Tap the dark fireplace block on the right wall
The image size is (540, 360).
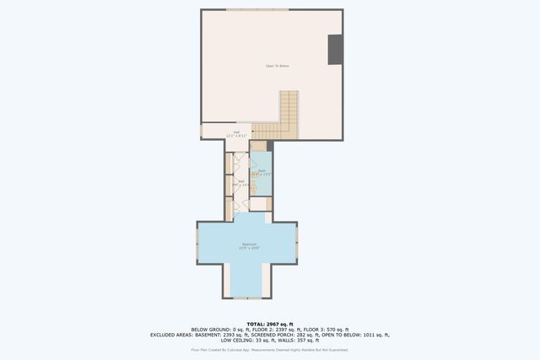coord(335,49)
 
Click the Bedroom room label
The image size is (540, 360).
coord(247,246)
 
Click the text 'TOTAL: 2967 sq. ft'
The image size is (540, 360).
coord(270,324)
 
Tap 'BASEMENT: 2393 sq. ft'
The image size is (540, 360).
coord(220,335)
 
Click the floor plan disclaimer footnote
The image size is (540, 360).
coord(270,349)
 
